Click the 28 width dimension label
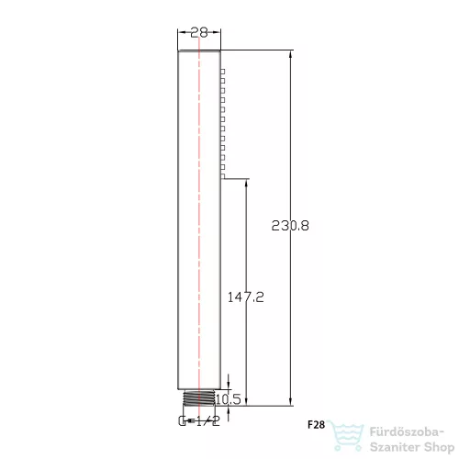pyautogui.click(x=199, y=32)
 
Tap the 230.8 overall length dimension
pyautogui.click(x=290, y=226)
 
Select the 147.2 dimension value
pyautogui.click(x=245, y=297)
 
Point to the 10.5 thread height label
pyautogui.click(x=229, y=399)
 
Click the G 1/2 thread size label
pyautogui.click(x=199, y=421)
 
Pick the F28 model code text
pyautogui.click(x=316, y=425)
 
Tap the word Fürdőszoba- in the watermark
pyautogui.click(x=407, y=432)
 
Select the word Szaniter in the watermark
pyautogui.click(x=395, y=447)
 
